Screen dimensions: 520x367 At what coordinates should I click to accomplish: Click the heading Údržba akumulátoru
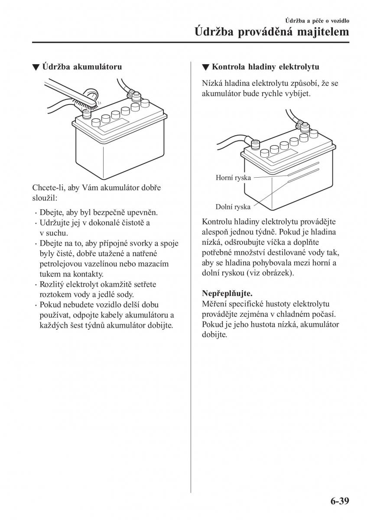82,67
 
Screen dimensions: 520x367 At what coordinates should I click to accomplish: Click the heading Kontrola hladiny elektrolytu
265,67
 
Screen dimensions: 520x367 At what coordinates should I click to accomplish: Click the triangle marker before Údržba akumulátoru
36,68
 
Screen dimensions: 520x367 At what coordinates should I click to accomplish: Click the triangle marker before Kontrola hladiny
205,68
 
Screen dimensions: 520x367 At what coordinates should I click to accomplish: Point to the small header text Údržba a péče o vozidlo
317,20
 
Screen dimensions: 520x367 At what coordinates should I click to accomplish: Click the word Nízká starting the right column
212,83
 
